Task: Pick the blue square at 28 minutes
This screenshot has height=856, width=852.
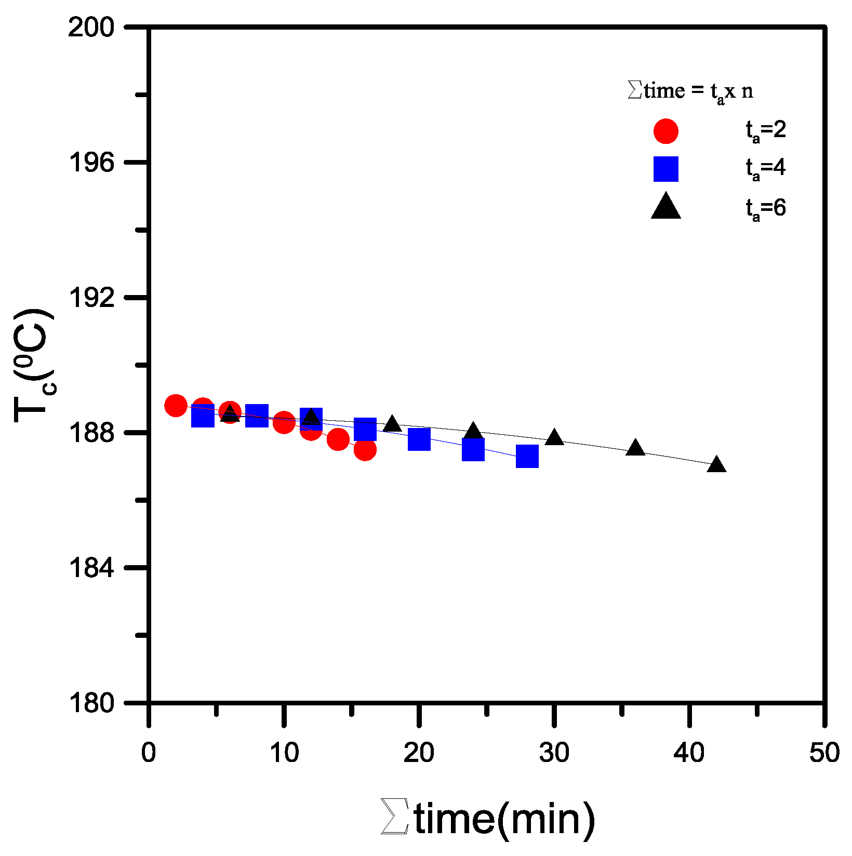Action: [527, 456]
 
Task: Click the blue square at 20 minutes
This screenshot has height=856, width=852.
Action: [419, 439]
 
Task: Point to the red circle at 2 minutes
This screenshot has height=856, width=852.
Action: [176, 406]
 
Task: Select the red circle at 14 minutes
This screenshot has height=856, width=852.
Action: [338, 439]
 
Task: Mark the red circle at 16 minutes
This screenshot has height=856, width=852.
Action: [365, 449]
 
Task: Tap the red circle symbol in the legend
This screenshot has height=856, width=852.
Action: [665, 131]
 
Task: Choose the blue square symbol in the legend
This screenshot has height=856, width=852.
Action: [665, 169]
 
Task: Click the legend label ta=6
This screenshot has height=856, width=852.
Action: [766, 208]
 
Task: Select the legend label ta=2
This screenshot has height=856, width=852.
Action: [766, 130]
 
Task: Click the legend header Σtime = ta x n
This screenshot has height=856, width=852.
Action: [690, 91]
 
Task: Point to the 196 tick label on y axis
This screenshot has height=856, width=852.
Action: [91, 163]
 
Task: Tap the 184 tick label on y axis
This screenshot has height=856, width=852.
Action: [91, 568]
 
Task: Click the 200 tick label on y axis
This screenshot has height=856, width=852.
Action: [91, 28]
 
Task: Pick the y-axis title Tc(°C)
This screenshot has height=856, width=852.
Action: [34, 366]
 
